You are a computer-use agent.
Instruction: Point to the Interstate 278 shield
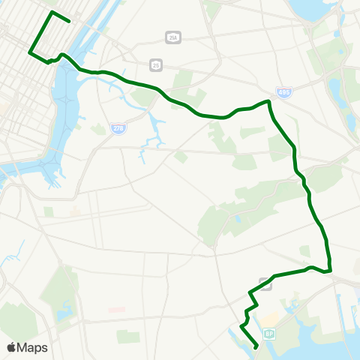(118, 129)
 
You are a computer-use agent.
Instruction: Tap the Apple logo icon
(12, 347)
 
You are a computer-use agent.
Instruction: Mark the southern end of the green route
(257, 346)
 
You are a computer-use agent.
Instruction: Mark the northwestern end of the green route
(69, 20)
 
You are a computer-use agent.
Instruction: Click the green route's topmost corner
(51, 12)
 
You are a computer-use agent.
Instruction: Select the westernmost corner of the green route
(29, 52)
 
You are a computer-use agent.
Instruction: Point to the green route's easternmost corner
(330, 270)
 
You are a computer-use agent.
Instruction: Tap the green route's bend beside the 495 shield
(268, 100)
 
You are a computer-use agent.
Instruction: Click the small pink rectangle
(116, 309)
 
